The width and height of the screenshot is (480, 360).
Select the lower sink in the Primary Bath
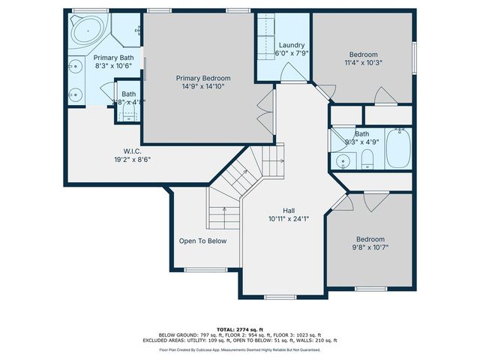76,95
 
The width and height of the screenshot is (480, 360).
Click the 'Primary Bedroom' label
203,78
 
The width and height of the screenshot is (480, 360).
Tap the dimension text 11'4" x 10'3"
363,63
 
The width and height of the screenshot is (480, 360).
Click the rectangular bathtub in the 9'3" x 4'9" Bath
395,150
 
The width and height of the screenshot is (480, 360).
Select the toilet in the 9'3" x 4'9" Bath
367,158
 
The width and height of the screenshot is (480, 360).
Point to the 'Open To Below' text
202,241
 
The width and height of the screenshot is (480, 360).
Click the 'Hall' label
289,211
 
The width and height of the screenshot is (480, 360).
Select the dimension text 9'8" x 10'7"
370,247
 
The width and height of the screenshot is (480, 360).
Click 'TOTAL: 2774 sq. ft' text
240,329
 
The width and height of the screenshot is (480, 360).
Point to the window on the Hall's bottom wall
280,298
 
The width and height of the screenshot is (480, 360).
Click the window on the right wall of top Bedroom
414,57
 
